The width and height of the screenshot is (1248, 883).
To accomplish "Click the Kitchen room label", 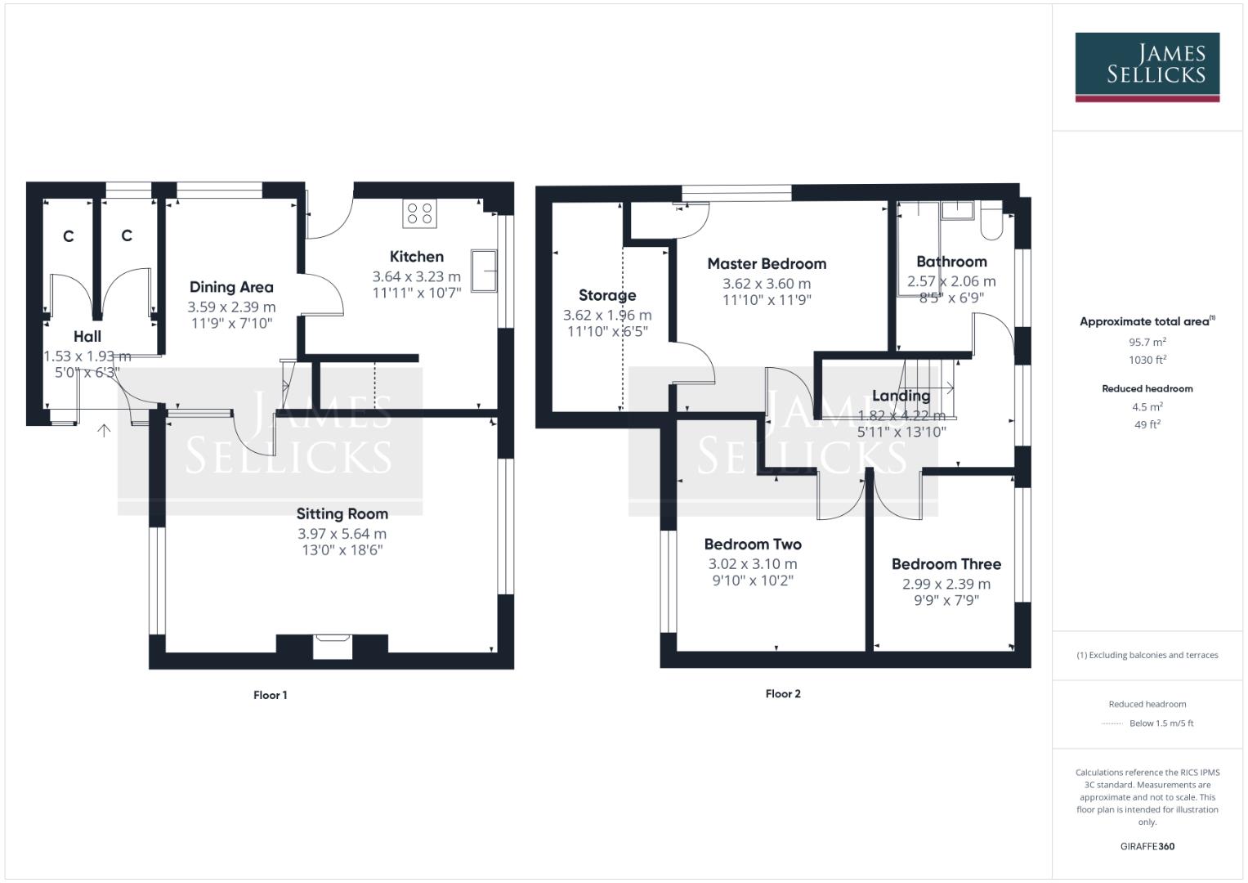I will point(416,257).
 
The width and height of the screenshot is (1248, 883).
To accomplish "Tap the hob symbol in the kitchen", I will point(419,213).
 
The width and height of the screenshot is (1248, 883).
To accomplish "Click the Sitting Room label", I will point(342,513).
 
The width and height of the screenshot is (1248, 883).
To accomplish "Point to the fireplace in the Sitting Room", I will point(333,645).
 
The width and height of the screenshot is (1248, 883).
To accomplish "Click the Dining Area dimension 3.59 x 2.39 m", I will point(231,307).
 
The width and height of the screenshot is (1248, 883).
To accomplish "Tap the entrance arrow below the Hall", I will point(104,430).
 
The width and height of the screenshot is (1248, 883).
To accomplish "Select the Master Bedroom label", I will point(767,263).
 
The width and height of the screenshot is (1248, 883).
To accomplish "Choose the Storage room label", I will point(607,295).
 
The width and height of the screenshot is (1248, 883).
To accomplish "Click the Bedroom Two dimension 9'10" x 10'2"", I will point(753,580).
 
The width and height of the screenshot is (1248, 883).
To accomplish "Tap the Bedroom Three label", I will point(946,564).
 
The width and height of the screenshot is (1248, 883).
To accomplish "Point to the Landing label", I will point(901,396).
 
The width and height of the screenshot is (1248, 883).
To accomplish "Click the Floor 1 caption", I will point(270,695).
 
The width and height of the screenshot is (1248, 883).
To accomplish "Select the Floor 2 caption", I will point(783,693).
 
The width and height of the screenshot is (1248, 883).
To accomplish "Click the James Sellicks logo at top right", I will point(1147,65).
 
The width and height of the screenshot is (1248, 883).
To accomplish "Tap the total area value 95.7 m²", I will point(1147,343).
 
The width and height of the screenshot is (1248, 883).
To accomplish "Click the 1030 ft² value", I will point(1147,360).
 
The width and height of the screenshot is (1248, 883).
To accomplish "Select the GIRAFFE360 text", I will point(1147,846).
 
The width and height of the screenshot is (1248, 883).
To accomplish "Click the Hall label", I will point(87,336).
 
